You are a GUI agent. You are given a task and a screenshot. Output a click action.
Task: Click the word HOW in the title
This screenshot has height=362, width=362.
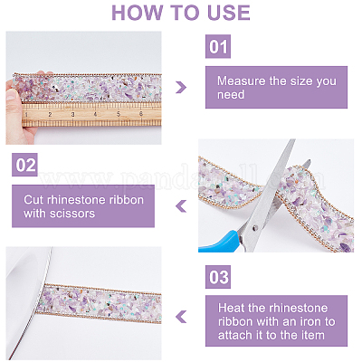click(137, 13)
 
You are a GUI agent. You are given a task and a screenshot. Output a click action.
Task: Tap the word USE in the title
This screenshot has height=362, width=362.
click(229, 13)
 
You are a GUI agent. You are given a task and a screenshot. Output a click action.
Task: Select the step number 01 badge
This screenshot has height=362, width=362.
click(218, 46)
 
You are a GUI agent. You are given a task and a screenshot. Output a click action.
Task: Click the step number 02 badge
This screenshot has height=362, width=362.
click(24, 165)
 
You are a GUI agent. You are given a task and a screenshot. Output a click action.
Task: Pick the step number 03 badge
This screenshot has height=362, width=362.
click(218, 277)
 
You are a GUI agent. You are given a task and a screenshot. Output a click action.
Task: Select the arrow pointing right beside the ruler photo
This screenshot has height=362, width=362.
click(181, 87)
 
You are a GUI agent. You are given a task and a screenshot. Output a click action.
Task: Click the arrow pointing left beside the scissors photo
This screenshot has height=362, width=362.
click(181, 206)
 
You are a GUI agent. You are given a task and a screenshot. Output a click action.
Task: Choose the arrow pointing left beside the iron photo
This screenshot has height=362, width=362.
click(181, 317)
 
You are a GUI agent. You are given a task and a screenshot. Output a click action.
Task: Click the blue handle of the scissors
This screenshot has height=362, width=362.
click(220, 242)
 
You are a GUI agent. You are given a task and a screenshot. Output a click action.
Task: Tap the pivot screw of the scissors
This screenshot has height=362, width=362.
click(256, 227)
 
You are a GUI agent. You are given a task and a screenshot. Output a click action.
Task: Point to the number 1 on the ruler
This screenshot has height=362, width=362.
click(26, 114)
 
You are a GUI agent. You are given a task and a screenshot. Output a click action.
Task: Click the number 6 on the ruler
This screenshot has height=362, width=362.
click(141, 114)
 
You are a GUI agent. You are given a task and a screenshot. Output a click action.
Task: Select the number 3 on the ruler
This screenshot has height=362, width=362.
click(72, 114)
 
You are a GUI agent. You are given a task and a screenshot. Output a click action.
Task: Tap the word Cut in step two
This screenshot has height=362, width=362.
click(33, 200)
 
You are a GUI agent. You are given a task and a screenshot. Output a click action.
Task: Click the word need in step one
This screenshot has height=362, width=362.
click(231, 95)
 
